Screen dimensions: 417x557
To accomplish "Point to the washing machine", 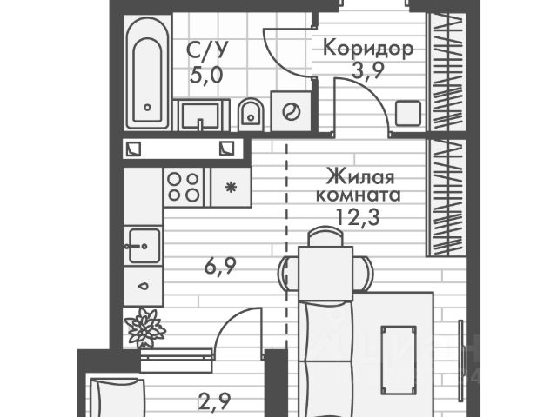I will [291, 112].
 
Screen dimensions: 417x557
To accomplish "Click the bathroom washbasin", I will [203, 114].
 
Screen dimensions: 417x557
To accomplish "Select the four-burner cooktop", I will [183, 186].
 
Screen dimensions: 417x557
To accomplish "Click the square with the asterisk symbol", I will [231, 186].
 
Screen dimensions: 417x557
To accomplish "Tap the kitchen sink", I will [144, 245].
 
